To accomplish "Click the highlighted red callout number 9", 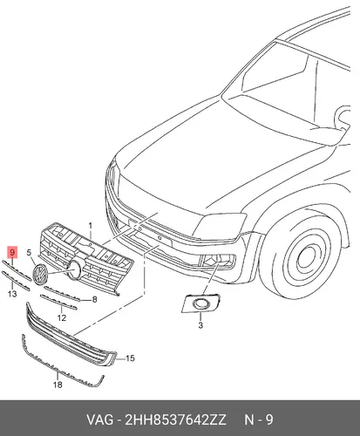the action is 12,252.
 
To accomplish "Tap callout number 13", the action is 12,294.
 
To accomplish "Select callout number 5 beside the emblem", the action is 29,253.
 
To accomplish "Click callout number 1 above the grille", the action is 90,226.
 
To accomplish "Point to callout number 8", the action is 94,299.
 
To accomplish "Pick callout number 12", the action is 62,318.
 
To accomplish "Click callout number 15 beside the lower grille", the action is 130,358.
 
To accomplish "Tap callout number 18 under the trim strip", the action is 58,385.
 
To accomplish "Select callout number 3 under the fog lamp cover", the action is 200,325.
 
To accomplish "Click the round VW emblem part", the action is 40,275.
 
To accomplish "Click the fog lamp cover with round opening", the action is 200,303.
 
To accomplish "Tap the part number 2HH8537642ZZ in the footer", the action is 175,420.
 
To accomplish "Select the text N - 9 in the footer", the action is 259,420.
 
